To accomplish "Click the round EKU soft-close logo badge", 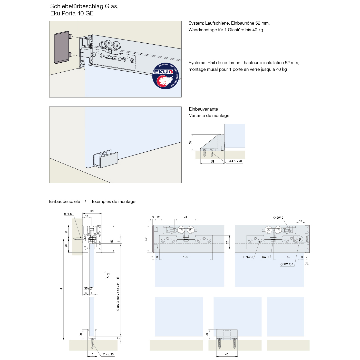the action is [166, 76].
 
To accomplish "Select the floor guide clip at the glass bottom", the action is [105, 159].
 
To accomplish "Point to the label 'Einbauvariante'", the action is [203, 109].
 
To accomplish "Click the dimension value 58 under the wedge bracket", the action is [213, 162].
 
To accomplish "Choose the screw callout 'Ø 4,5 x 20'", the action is [235, 161].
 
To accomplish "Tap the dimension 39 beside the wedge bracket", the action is [190, 142].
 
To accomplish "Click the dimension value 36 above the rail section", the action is [92, 211].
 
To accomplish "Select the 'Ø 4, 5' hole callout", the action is [68, 214].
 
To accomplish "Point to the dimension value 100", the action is [186, 257].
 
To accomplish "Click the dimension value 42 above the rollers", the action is [186, 217].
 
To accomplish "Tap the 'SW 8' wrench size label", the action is [266, 257].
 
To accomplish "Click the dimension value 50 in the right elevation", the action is [288, 257].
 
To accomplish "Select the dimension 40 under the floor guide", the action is [227, 354].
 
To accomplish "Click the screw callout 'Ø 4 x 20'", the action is [108, 354].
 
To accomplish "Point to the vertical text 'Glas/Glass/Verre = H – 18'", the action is [118, 294].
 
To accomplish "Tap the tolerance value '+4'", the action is [108, 274].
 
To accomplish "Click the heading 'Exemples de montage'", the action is [114, 202].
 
